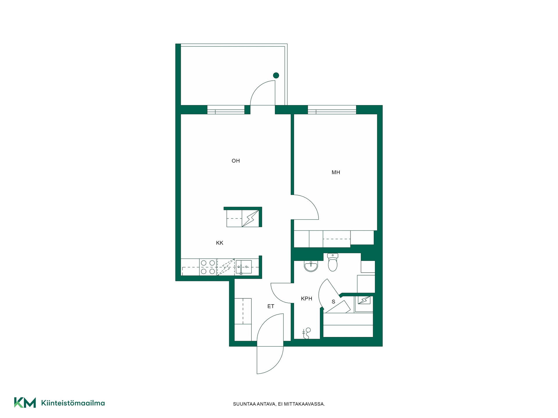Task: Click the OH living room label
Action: (236, 161)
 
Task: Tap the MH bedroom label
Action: (336, 172)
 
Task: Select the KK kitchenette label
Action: (219, 243)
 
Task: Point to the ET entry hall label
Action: (271, 306)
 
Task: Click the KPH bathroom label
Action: (307, 299)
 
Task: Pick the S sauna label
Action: (333, 302)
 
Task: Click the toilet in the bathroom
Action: (333, 262)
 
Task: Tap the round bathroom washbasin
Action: (311, 266)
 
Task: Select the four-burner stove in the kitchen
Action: (208, 267)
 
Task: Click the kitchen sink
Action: (244, 267)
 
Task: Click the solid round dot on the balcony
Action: (276, 75)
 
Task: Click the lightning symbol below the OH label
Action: (250, 218)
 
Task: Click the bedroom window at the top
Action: (332, 110)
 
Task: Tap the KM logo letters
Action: (25, 403)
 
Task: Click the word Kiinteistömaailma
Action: (73, 403)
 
